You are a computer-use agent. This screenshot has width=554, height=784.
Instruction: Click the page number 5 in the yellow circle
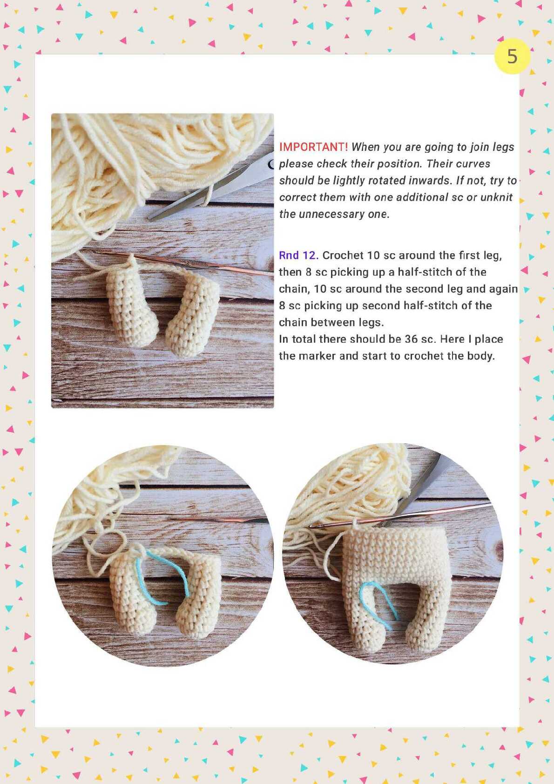(512, 56)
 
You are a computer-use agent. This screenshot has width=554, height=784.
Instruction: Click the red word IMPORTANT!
(314, 147)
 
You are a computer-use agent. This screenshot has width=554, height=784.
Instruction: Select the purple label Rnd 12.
(298, 256)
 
